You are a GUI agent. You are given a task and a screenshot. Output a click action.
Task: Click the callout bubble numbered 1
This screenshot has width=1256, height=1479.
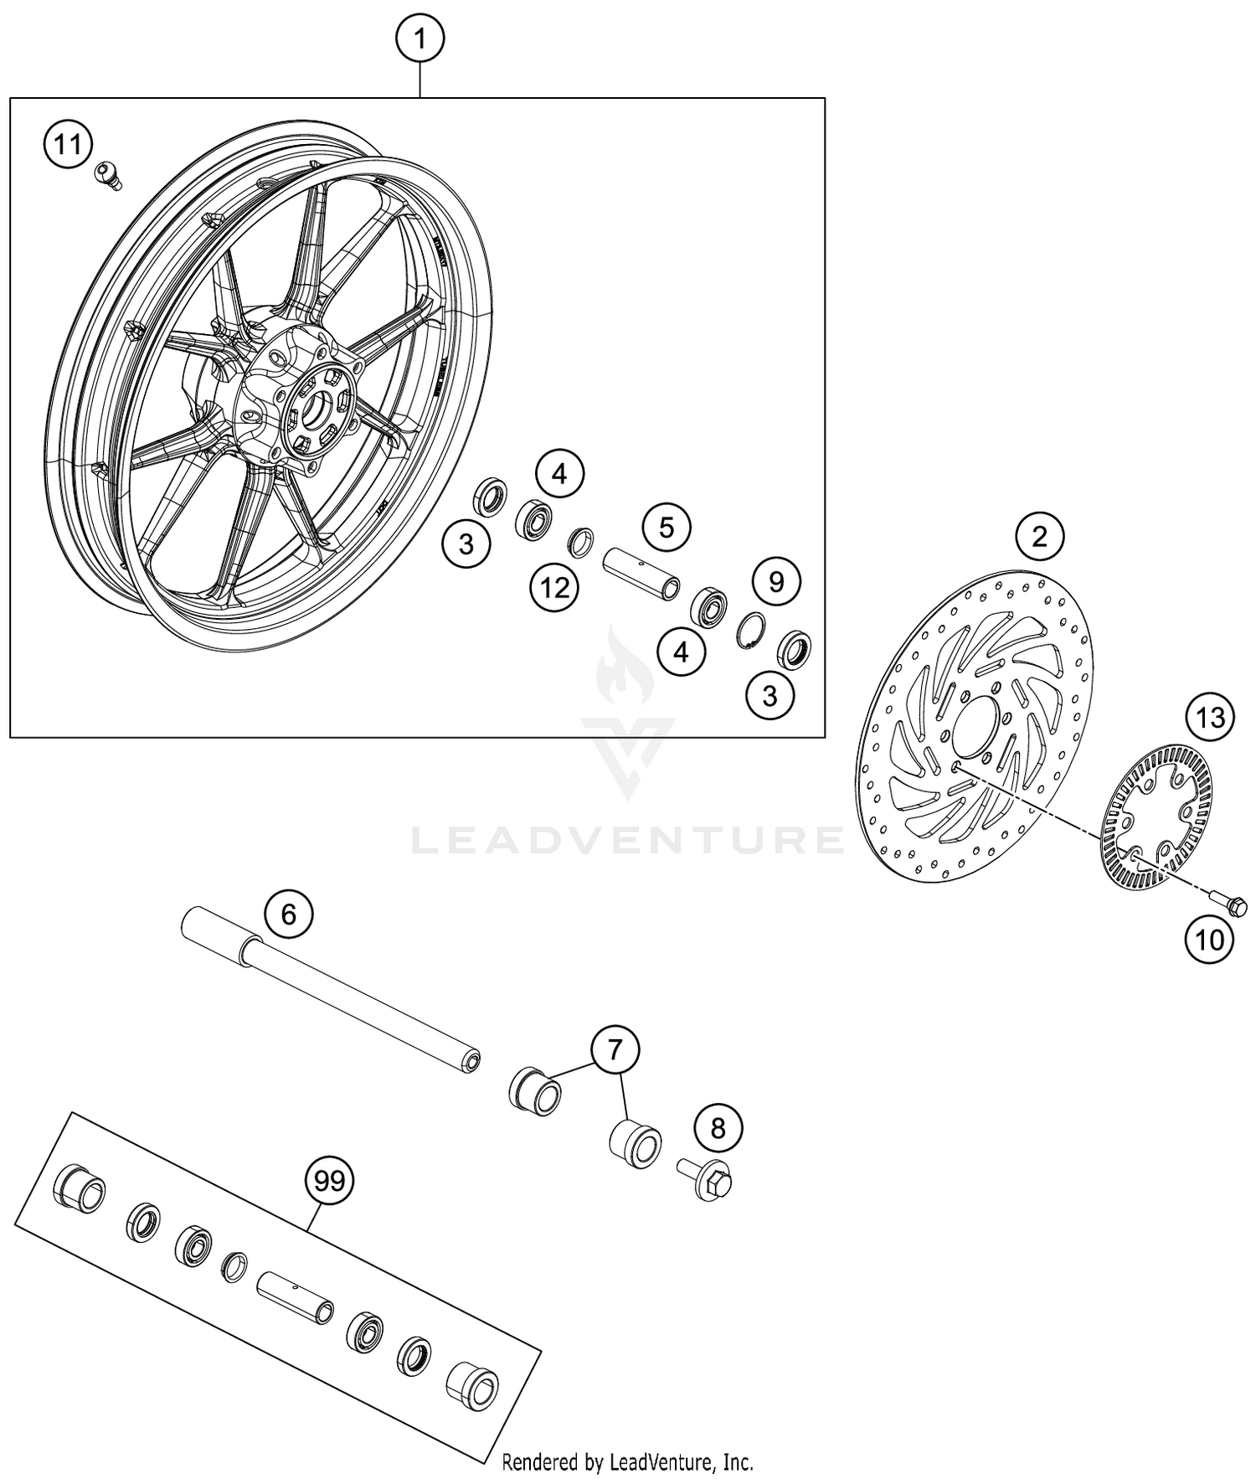click(420, 39)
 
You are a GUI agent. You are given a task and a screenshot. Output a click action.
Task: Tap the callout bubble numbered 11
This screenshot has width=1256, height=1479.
click(69, 145)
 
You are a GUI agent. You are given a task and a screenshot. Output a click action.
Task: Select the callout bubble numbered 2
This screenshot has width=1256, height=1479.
click(1039, 537)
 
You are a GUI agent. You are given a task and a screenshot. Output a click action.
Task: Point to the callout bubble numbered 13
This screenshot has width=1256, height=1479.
click(1210, 718)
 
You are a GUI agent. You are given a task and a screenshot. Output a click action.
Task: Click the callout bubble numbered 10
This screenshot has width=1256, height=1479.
click(1209, 940)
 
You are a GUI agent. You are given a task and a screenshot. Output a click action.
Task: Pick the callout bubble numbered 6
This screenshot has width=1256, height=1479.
click(289, 914)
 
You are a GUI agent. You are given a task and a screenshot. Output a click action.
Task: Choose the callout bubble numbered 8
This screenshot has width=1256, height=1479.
click(718, 1128)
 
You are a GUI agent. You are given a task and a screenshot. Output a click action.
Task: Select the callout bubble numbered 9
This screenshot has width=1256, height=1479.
click(775, 581)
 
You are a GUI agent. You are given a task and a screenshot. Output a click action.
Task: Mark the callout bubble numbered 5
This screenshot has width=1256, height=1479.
click(666, 528)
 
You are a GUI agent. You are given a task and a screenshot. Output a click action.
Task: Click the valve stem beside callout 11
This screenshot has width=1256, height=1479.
click(106, 173)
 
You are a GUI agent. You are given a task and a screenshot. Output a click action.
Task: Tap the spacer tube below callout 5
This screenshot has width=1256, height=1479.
click(641, 574)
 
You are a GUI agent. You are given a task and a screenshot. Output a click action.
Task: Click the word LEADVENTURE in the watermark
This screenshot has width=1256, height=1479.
click(628, 840)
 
